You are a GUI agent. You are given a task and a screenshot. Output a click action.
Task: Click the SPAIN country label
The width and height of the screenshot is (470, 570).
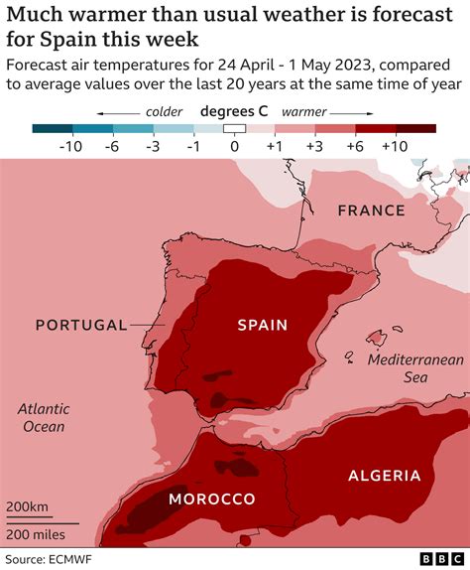pyautogui.click(x=262, y=325)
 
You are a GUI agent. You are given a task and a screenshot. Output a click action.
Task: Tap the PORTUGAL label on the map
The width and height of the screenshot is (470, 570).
pyautogui.click(x=81, y=325)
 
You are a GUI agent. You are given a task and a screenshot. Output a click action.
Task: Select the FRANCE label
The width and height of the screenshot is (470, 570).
pyautogui.click(x=371, y=211)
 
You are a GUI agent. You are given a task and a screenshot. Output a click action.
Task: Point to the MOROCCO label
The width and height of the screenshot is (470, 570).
pyautogui.click(x=211, y=499)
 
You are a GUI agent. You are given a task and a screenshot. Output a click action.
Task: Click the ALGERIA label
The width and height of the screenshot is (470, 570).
pyautogui.click(x=384, y=476)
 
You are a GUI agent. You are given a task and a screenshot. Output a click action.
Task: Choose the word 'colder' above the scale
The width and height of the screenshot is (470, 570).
pyautogui.click(x=164, y=111)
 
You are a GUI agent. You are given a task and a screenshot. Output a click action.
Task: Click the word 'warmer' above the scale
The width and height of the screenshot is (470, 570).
pyautogui.click(x=305, y=111)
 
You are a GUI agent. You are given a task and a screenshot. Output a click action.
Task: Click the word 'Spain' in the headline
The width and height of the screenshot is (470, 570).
pyautogui.click(x=62, y=40)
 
